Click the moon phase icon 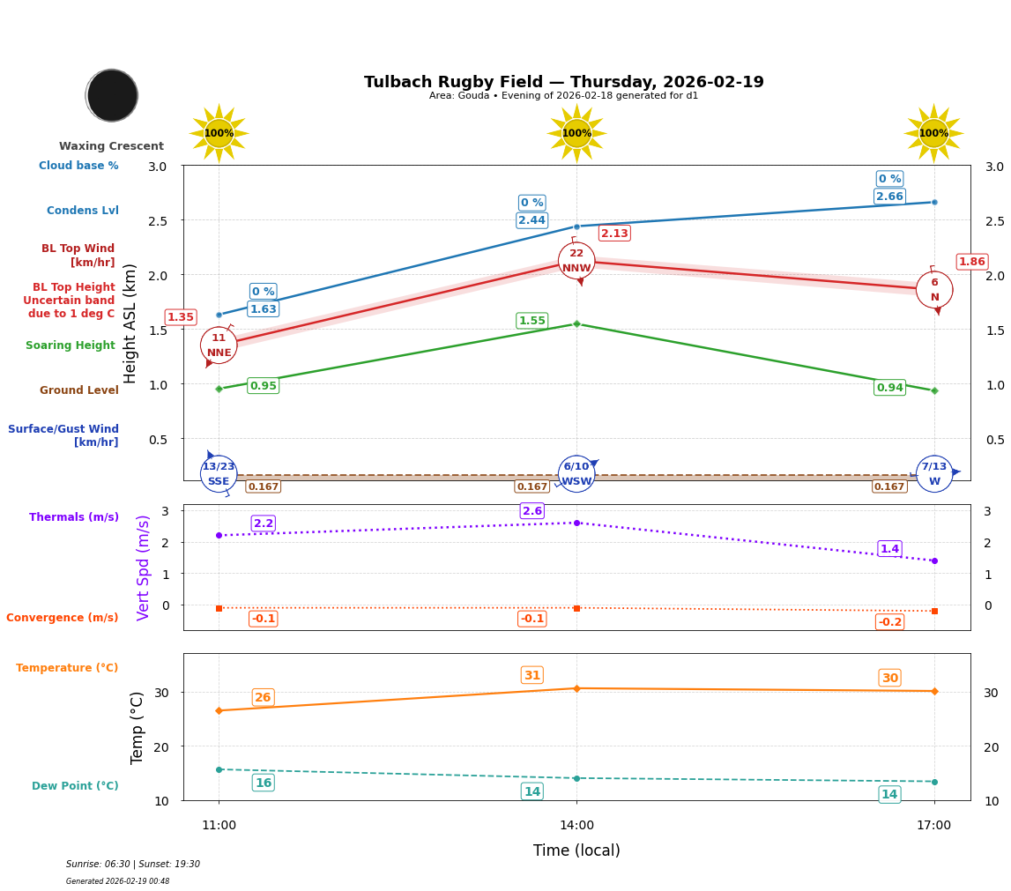(x=112, y=95)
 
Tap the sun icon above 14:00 (x=576, y=133)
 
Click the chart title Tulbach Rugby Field (x=563, y=82)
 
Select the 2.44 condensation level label (x=532, y=220)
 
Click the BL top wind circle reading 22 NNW (x=576, y=261)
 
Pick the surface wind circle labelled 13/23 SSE (x=219, y=474)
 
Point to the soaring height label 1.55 (x=532, y=321)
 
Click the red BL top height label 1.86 (x=971, y=262)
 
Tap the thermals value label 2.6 (x=532, y=511)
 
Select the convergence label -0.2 (x=889, y=622)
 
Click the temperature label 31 (x=532, y=676)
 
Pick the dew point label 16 (x=263, y=783)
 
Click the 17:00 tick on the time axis (x=933, y=826)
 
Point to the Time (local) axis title (x=576, y=850)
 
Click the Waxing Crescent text (x=111, y=146)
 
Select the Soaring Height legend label (x=71, y=345)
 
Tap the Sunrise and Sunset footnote (x=133, y=865)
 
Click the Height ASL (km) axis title (x=130, y=323)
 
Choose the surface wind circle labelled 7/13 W (x=934, y=474)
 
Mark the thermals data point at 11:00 (x=219, y=535)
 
